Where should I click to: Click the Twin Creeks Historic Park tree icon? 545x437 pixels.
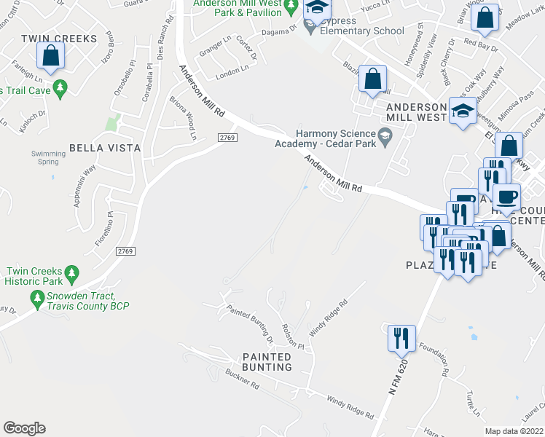(71, 274)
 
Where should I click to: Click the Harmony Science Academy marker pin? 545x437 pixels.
(386, 135)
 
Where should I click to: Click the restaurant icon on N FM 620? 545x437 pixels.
(401, 338)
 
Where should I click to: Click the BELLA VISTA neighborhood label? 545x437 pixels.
(104, 148)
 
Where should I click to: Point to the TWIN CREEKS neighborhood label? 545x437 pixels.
(50, 38)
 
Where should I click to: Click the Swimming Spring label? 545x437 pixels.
(48, 157)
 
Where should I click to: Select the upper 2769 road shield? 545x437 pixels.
(228, 138)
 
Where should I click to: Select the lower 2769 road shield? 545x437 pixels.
(125, 251)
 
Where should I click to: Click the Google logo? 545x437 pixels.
(24, 428)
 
